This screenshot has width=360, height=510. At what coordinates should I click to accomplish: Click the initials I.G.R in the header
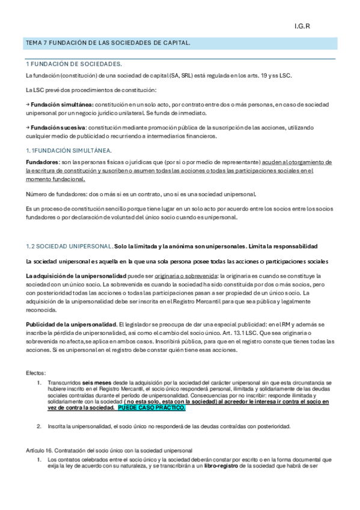pos(301,26)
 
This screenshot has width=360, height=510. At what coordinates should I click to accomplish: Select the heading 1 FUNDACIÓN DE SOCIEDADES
pos(73,64)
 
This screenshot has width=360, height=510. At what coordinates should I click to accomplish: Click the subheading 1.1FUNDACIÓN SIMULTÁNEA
pos(69,150)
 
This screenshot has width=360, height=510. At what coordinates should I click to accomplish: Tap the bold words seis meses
pos(94,382)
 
